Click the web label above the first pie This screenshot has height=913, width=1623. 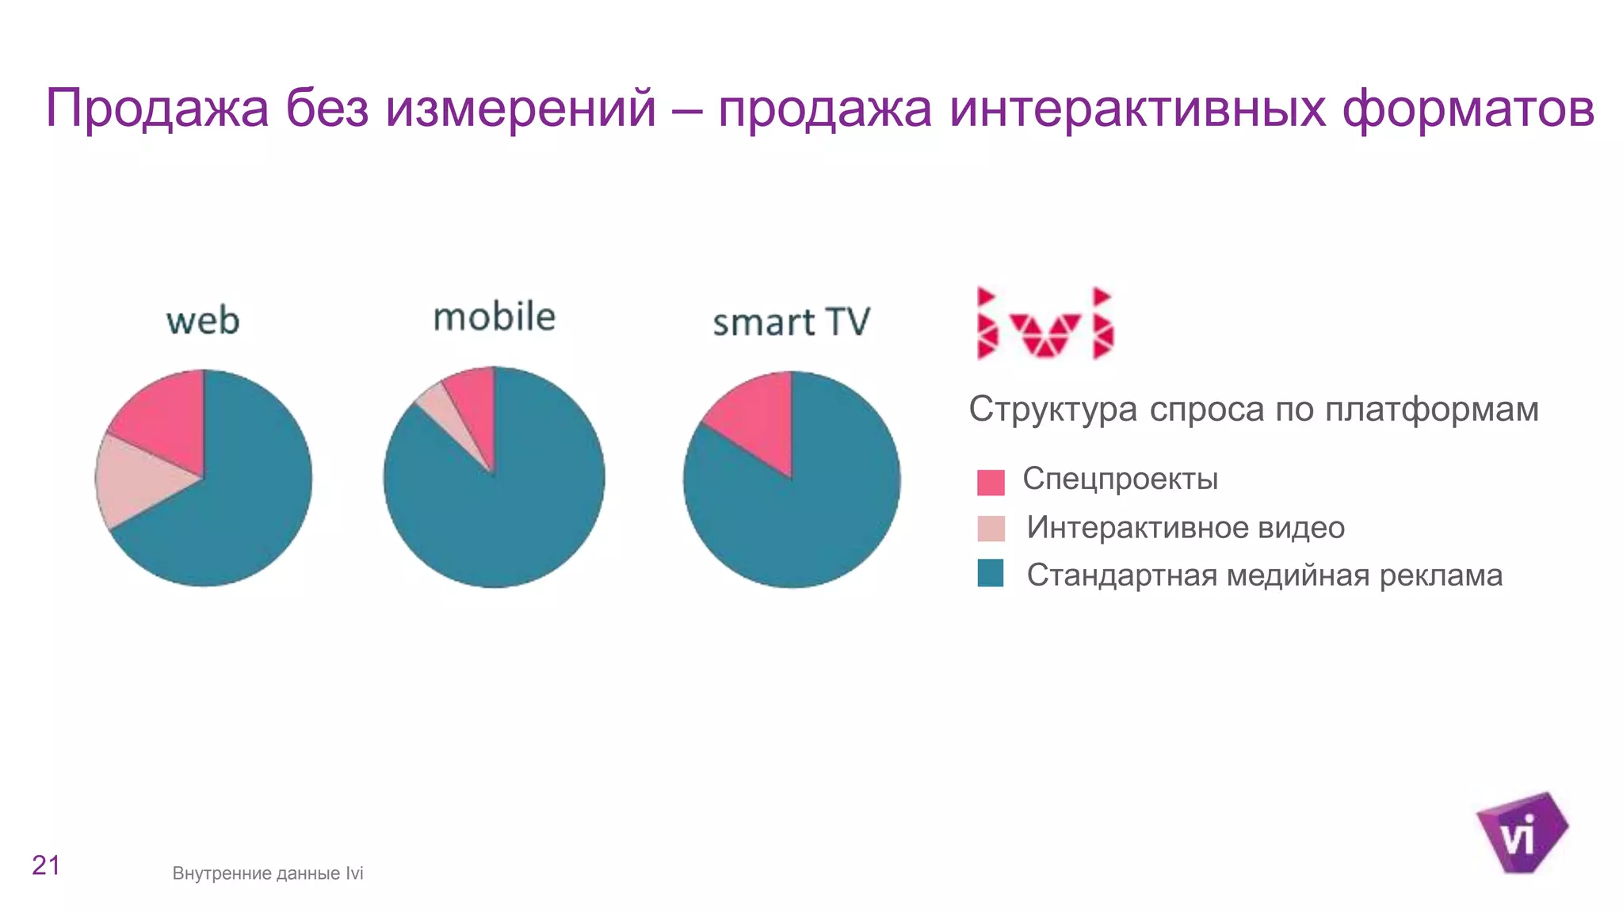[x=203, y=321]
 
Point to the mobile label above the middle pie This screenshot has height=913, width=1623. [x=494, y=317]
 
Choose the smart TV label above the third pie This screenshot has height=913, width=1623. [x=791, y=323]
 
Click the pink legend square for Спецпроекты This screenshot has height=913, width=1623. [x=991, y=482]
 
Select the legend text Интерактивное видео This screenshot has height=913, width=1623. [x=1185, y=528]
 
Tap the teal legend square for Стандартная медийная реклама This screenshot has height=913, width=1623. [x=991, y=573]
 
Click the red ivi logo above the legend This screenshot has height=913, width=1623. [x=1044, y=323]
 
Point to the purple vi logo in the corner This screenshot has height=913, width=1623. [x=1522, y=832]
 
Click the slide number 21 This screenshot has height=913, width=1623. [x=46, y=865]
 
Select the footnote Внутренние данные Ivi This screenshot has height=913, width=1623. [x=268, y=873]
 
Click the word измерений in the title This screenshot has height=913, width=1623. [x=521, y=109]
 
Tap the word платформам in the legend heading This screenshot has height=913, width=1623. [x=1431, y=410]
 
